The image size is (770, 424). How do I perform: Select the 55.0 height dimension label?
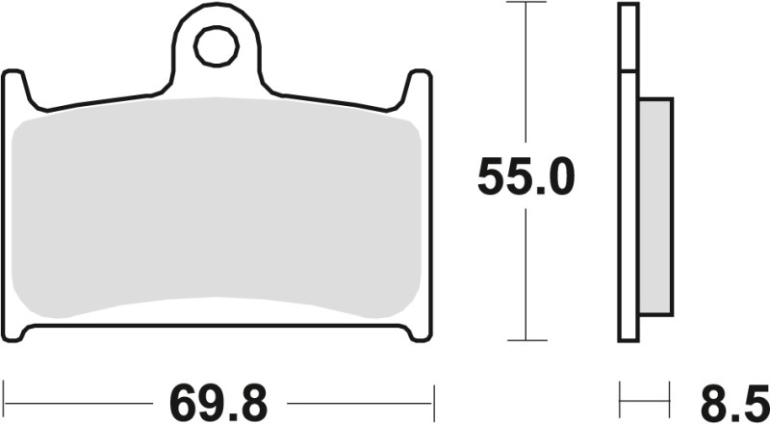pyautogui.click(x=526, y=178)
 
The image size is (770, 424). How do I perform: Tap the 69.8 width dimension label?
pyautogui.click(x=218, y=397)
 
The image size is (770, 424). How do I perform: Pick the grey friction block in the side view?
pyautogui.click(x=655, y=207)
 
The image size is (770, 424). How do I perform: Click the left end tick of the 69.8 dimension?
pyautogui.click(x=5, y=396)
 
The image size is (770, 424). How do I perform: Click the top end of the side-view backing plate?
pyautogui.click(x=628, y=8)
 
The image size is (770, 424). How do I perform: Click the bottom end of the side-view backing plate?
pyautogui.click(x=628, y=336)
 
